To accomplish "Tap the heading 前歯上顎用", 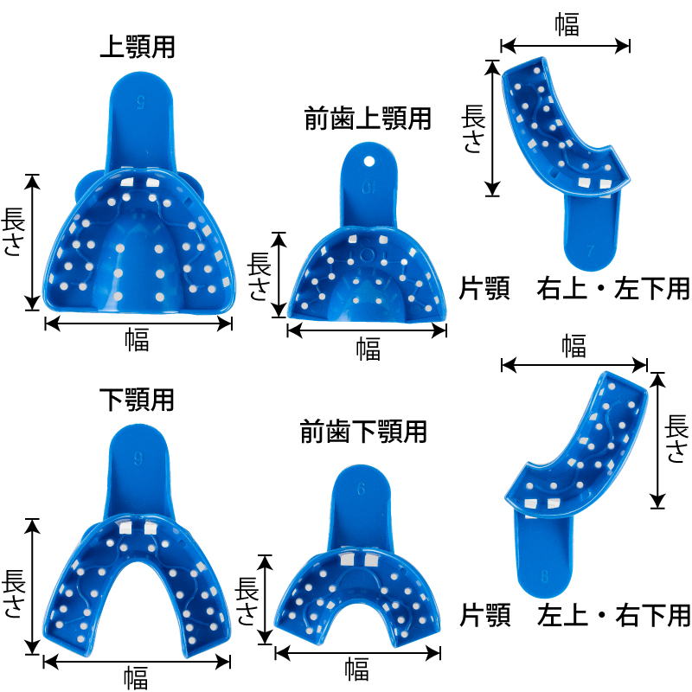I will (368, 119).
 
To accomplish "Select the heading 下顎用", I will (137, 400).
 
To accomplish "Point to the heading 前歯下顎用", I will (364, 432).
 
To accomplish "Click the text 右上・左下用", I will (613, 288).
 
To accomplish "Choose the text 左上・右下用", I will (613, 616).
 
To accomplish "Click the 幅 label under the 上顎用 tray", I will (137, 340).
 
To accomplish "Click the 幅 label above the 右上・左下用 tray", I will (567, 25).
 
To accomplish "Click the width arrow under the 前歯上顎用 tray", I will (368, 330).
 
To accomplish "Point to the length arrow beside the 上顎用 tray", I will (33, 241).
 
